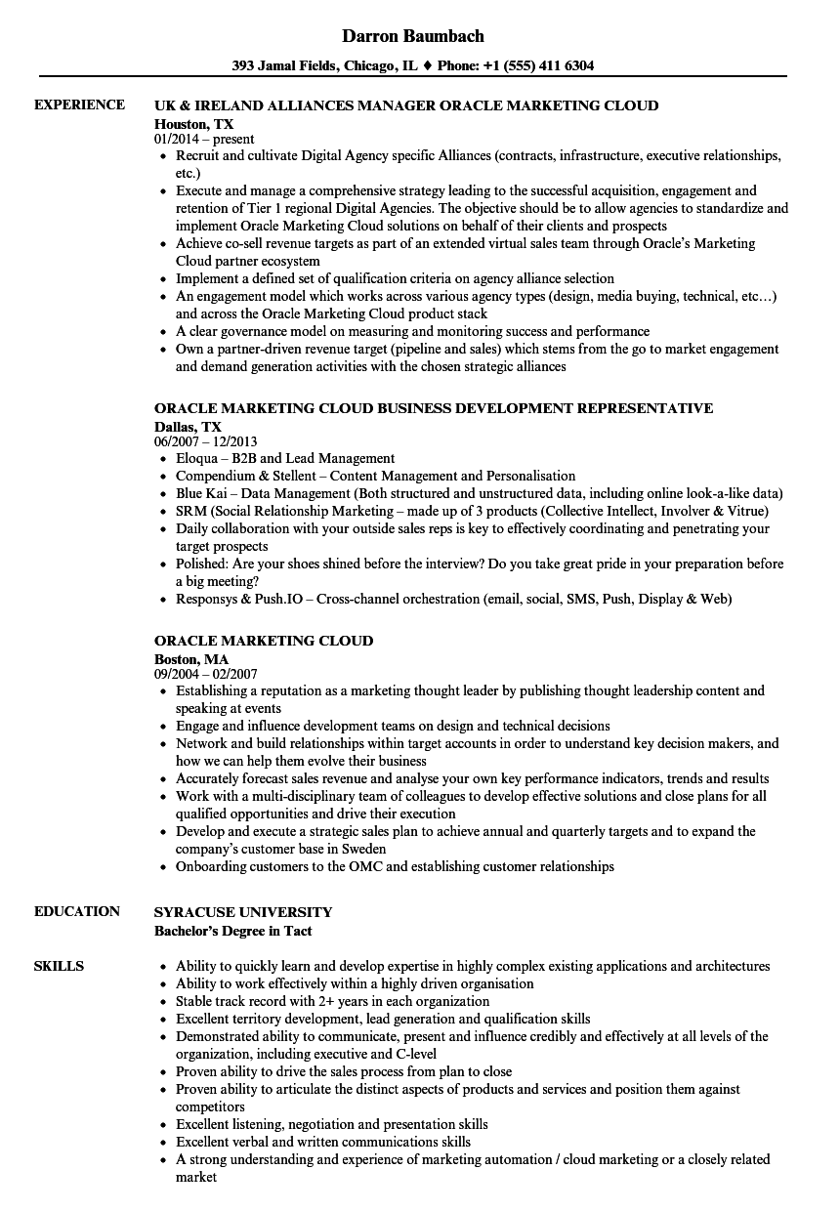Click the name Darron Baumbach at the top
(x=413, y=36)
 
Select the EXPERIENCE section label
(x=79, y=104)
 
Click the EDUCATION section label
(x=77, y=911)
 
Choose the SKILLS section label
(x=59, y=966)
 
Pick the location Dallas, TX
(x=188, y=426)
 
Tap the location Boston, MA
(x=191, y=659)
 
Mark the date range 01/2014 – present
(x=204, y=139)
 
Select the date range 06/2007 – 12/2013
(x=206, y=441)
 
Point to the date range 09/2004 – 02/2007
(x=206, y=674)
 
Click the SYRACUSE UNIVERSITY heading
(x=243, y=911)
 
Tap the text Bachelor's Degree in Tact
(x=234, y=930)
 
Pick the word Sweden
(x=362, y=849)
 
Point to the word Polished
(x=201, y=564)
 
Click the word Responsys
(x=208, y=599)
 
